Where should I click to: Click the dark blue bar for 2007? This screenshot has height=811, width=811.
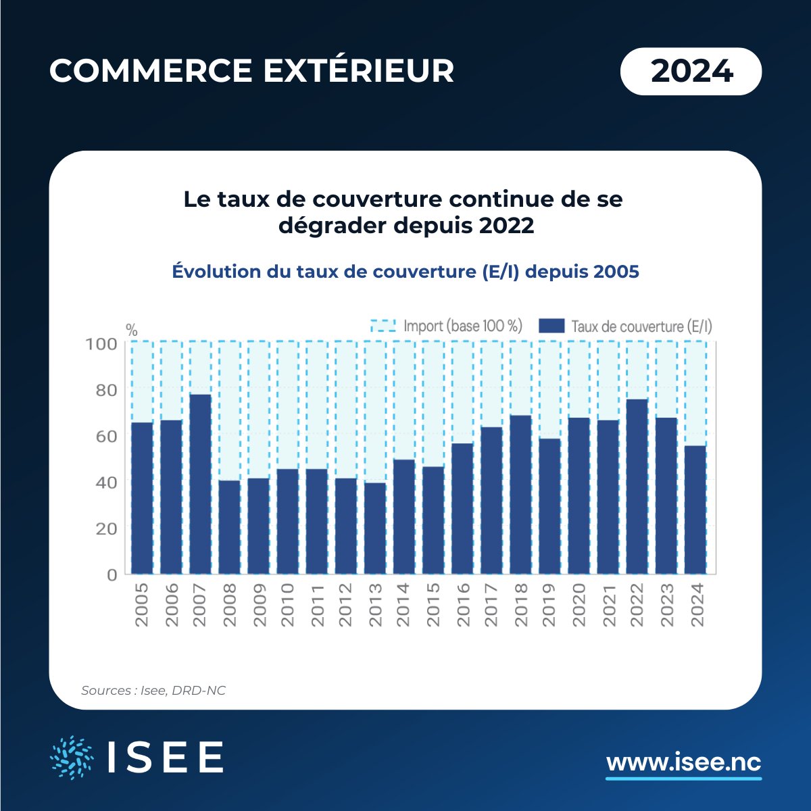coord(200,484)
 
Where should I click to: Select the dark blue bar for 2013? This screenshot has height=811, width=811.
coord(374,528)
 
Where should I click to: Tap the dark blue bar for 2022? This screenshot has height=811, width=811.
coord(637,487)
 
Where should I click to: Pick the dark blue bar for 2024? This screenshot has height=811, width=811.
coord(695,510)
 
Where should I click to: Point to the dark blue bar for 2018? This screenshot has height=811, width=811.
coord(520,495)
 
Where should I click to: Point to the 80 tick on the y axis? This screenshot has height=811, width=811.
coord(102,391)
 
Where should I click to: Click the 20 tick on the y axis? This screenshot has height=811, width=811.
coord(102,529)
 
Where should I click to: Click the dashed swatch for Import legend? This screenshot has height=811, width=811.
coord(383,326)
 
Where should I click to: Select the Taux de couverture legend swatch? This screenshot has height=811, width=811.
coord(551,326)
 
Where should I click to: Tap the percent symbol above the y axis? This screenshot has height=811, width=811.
coord(132,331)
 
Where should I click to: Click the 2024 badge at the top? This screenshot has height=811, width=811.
coord(691,71)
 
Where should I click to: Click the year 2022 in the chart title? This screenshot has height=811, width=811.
coord(506,226)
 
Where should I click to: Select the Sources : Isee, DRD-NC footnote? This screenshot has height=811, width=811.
coord(153,691)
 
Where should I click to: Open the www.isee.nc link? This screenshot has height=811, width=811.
coord(683,763)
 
